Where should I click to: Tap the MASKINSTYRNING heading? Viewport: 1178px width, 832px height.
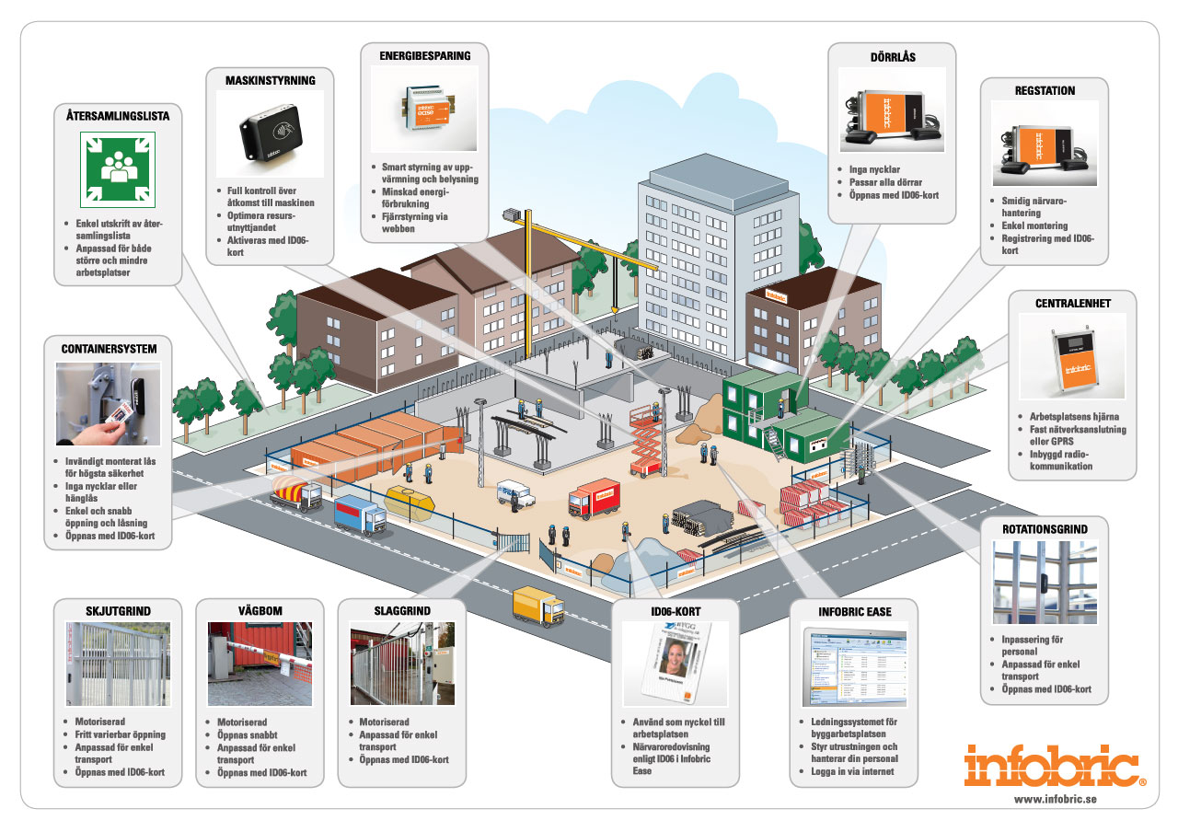point(271,80)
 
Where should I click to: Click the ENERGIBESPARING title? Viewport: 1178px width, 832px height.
point(425,55)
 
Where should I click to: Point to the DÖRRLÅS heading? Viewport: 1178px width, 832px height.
point(892,57)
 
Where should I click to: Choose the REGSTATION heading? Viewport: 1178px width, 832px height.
point(1045,90)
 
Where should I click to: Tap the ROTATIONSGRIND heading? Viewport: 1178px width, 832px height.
point(1044,529)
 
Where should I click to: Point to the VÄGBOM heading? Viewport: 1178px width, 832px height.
point(260,611)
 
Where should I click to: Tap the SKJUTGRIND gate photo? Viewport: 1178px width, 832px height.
point(118,664)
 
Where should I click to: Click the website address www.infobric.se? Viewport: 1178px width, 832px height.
point(1055,799)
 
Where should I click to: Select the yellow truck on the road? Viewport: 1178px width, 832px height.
point(538,604)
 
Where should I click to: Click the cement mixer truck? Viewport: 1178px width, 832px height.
point(294,495)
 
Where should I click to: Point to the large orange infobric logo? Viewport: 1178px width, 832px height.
point(1055,766)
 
